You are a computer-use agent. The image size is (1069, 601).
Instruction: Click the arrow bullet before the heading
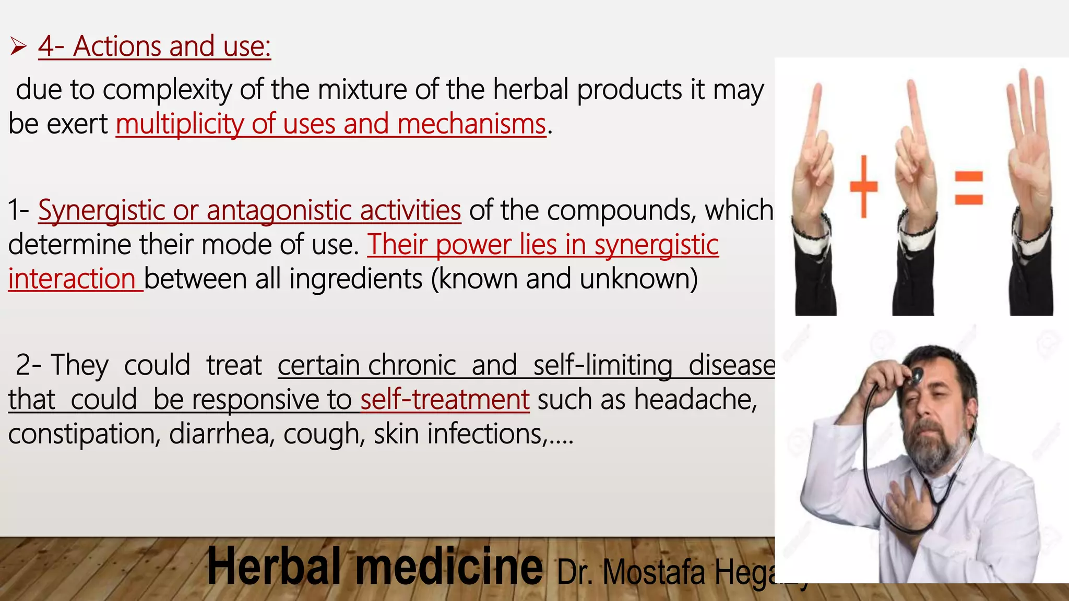(18, 47)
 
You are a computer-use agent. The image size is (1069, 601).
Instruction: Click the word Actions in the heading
(117, 46)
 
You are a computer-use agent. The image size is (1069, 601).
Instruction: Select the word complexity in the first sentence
(168, 90)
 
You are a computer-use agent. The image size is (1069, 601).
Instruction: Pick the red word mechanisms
(471, 125)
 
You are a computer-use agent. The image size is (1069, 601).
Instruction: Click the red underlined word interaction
(72, 279)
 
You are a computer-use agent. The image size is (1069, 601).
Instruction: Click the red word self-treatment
(445, 400)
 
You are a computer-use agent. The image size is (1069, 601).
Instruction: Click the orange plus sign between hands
(864, 186)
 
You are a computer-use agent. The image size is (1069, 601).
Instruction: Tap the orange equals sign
(969, 188)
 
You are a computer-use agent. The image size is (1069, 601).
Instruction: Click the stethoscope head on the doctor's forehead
(916, 374)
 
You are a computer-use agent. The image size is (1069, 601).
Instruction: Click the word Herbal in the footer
(274, 568)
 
